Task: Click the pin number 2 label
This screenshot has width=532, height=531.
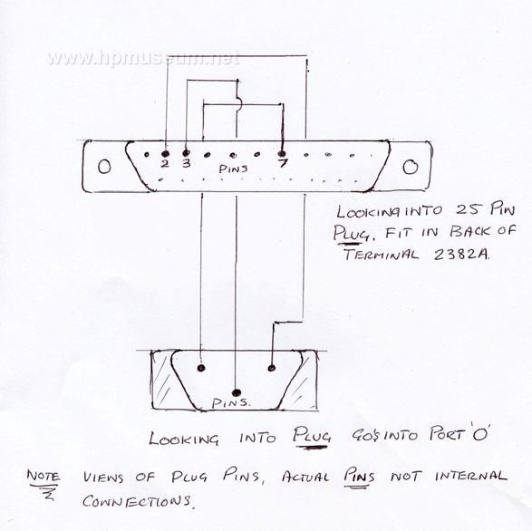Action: pyautogui.click(x=165, y=164)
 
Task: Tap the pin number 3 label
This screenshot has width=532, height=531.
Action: pyautogui.click(x=187, y=163)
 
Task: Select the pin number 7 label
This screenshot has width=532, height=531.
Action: pyautogui.click(x=283, y=163)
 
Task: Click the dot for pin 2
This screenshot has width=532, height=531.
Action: pyautogui.click(x=166, y=154)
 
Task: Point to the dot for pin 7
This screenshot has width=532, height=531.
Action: pyautogui.click(x=282, y=154)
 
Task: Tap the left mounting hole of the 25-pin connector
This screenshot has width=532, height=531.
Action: pyautogui.click(x=104, y=167)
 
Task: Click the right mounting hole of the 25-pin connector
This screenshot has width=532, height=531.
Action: pyautogui.click(x=411, y=167)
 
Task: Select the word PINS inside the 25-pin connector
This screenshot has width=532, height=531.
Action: pyautogui.click(x=234, y=169)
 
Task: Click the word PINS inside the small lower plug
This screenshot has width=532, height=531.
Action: pyautogui.click(x=231, y=403)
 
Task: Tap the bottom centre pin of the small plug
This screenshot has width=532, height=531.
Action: pyautogui.click(x=237, y=393)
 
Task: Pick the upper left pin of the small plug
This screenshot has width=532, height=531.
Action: pyautogui.click(x=201, y=368)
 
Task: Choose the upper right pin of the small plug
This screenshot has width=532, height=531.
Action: pyautogui.click(x=271, y=368)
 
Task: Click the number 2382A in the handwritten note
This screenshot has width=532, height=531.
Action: pyautogui.click(x=462, y=255)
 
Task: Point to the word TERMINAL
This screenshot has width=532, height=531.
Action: pyautogui.click(x=381, y=254)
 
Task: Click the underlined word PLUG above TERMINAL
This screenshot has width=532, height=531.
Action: pyautogui.click(x=352, y=233)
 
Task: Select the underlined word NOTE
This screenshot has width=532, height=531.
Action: pyautogui.click(x=44, y=477)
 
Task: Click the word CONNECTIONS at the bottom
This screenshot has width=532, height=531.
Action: pyautogui.click(x=136, y=501)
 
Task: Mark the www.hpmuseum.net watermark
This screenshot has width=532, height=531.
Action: pyautogui.click(x=143, y=58)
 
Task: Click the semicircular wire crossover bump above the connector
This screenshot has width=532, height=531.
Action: pyautogui.click(x=239, y=103)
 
